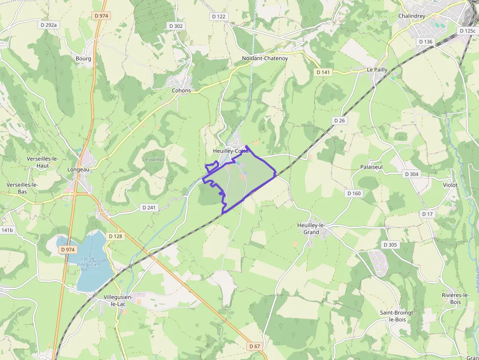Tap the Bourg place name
pyautogui.click(x=84, y=59)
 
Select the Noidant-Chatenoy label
pyautogui.click(x=265, y=58)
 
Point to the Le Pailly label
pyautogui.click(x=377, y=70)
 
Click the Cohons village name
pyautogui.click(x=181, y=90)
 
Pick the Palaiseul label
pyautogui.click(x=371, y=167)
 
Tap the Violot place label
pyautogui.click(x=450, y=185)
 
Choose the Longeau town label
pyautogui.click(x=78, y=169)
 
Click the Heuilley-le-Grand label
pyautogui.click(x=311, y=229)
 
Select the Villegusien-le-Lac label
pyautogui.click(x=118, y=300)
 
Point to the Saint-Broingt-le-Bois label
pyautogui.click(x=397, y=316)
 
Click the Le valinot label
pyautogui.click(x=153, y=159)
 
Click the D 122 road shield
pyautogui.click(x=219, y=17)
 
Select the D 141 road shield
pyautogui.click(x=323, y=72)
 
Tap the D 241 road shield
pyautogui.click(x=149, y=208)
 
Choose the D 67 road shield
pyautogui.click(x=255, y=346)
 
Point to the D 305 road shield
pyautogui.click(x=391, y=245)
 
